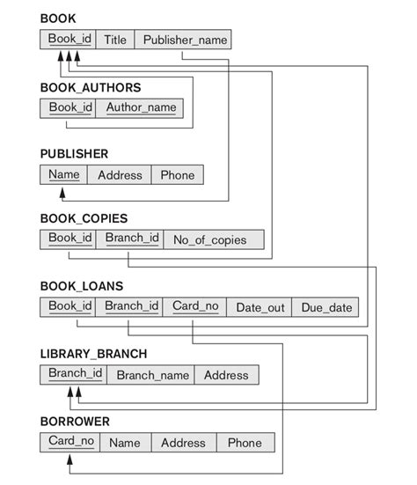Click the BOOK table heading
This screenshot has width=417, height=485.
point(58,18)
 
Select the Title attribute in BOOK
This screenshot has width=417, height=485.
point(115,40)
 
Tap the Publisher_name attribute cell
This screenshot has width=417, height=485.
point(185,40)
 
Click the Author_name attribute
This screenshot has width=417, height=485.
point(141,108)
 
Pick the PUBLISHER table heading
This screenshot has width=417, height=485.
point(74,153)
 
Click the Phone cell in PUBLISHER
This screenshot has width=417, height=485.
point(178,175)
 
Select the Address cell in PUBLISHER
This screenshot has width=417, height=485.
point(120,175)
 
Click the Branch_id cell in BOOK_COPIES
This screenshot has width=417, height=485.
point(132,239)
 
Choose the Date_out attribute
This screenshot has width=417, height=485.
point(260,307)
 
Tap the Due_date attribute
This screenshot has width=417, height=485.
point(326,307)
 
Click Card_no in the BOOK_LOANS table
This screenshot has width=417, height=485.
point(195,306)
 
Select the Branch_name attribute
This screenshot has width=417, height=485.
point(153,375)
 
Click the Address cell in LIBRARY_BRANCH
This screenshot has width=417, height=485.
point(226,375)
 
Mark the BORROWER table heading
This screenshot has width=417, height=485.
point(75,422)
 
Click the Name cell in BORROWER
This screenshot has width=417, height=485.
point(125,443)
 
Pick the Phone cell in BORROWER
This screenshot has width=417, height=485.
point(245,443)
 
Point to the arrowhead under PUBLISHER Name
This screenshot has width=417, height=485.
point(63,190)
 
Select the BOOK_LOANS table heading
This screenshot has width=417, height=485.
point(82,286)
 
